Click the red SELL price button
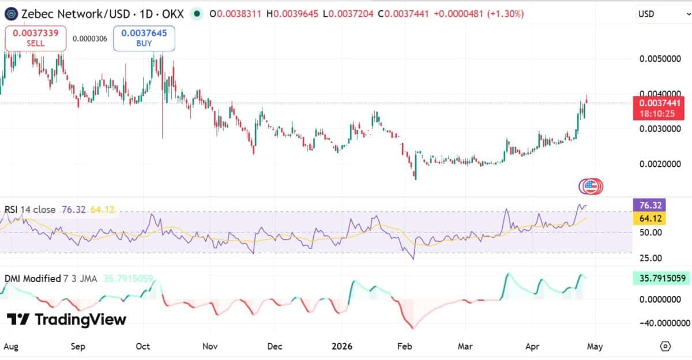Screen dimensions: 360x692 click(x=35, y=38)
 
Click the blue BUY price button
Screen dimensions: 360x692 click(x=144, y=38)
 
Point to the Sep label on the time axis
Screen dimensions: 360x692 click(x=78, y=347)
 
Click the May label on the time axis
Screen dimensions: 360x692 click(x=595, y=347)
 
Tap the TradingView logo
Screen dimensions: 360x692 click(x=66, y=320)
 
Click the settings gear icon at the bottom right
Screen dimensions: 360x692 click(x=665, y=346)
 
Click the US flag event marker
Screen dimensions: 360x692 click(x=589, y=186)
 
